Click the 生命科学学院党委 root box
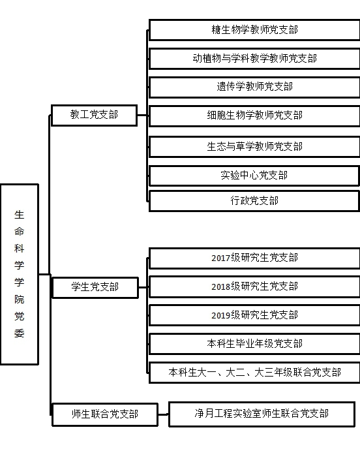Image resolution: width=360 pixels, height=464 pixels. click(20, 274)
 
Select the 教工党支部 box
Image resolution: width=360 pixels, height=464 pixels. click(94, 115)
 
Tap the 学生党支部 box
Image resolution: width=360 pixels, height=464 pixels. click(95, 287)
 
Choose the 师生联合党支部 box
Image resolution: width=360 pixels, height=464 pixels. click(105, 414)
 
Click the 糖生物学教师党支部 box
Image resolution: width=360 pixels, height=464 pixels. click(254, 30)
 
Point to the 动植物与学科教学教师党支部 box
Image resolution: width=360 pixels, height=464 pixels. click(254, 59)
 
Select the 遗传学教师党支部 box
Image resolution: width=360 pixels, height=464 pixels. click(254, 87)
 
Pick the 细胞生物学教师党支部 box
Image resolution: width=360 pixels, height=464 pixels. click(254, 116)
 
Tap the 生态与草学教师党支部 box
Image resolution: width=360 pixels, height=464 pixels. click(254, 146)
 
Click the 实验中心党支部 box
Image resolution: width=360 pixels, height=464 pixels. click(254, 176)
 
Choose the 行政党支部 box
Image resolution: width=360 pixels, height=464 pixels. click(254, 201)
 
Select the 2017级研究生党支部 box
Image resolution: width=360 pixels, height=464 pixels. click(254, 258)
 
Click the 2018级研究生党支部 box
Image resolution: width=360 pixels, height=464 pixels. click(254, 286)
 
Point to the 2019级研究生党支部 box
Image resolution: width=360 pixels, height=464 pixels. click(254, 315)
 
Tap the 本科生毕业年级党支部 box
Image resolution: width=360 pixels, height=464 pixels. click(254, 344)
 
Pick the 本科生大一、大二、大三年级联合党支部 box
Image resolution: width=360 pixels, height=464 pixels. click(254, 373)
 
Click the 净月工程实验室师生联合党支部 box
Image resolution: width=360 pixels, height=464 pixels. click(262, 414)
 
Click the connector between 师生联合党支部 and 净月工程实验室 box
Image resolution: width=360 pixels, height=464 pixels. click(163, 414)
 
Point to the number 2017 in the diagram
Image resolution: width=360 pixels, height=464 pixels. click(220, 258)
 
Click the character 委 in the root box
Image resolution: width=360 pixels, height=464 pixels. click(19, 333)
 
